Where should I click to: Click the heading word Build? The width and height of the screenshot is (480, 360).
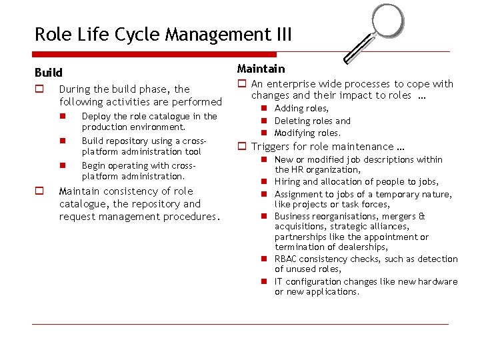coord(48,73)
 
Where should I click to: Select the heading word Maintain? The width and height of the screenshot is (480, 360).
coord(261,69)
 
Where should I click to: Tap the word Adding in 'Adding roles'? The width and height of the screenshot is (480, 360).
coord(289,109)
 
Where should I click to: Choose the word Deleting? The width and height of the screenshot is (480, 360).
coord(293,121)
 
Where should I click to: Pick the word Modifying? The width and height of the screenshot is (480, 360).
coord(296,133)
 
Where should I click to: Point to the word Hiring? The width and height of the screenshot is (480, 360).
coord(287,182)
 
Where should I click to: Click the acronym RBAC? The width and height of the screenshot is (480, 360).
coord(287,259)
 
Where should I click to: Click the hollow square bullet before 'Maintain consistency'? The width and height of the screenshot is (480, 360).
coord(39,192)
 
